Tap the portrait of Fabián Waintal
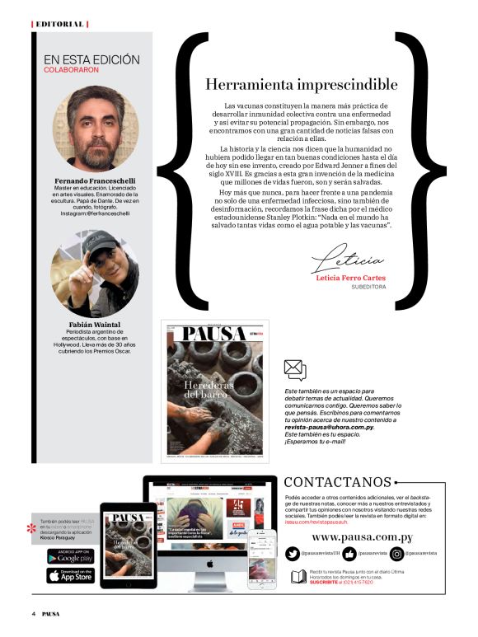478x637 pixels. [95, 273]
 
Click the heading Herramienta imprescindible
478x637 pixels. [301, 84]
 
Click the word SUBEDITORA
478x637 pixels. [368, 289]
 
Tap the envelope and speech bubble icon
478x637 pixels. [294, 370]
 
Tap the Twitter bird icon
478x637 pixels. [292, 553]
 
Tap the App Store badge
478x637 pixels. [70, 575]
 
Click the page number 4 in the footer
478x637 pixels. [34, 614]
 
